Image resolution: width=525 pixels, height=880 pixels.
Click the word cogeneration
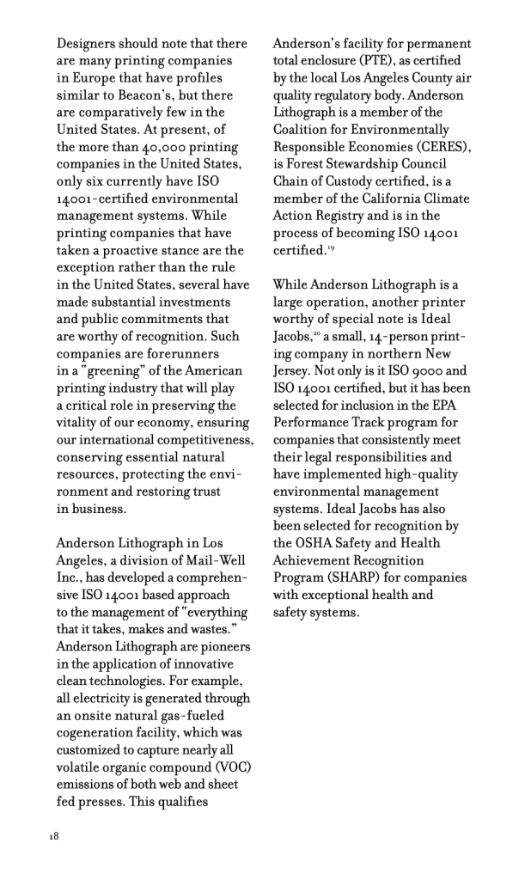106,731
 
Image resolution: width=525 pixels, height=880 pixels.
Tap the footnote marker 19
331,247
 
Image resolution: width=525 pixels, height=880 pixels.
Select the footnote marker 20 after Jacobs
314,316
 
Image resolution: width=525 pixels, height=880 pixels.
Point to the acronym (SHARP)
346,577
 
